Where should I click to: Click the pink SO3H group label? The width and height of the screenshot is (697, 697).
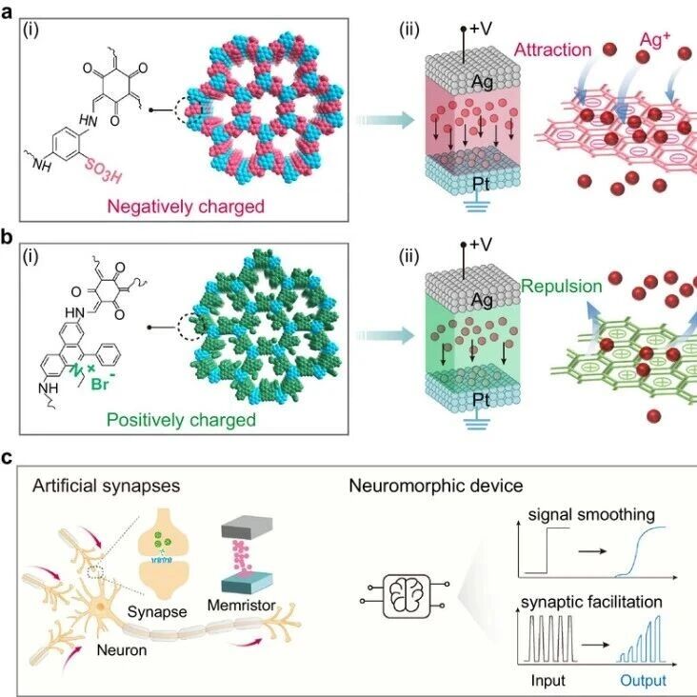103,170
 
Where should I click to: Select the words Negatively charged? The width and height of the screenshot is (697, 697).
186,207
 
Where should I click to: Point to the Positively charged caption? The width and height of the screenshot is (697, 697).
181,420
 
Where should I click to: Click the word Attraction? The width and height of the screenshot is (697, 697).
552,50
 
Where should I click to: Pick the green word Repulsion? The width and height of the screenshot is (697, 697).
562,287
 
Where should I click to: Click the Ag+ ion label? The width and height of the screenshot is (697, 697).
655,40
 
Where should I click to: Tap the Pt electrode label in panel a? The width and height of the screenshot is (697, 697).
481,183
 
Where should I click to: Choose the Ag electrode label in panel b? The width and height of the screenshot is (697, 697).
482,300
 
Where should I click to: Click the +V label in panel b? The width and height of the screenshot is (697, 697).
481,244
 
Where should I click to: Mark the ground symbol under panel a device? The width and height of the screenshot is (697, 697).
477,206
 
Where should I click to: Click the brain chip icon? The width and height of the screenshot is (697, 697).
407,596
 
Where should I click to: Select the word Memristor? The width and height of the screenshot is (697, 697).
241,605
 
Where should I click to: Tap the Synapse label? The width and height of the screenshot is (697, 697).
157,611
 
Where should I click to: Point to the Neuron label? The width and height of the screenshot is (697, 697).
122,650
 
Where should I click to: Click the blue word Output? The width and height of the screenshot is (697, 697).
644,681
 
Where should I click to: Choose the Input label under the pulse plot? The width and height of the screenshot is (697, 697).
548,681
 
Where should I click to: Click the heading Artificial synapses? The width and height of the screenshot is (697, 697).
107,486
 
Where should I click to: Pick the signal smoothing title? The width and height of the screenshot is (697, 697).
591,515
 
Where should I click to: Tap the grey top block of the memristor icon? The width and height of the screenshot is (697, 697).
247,526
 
